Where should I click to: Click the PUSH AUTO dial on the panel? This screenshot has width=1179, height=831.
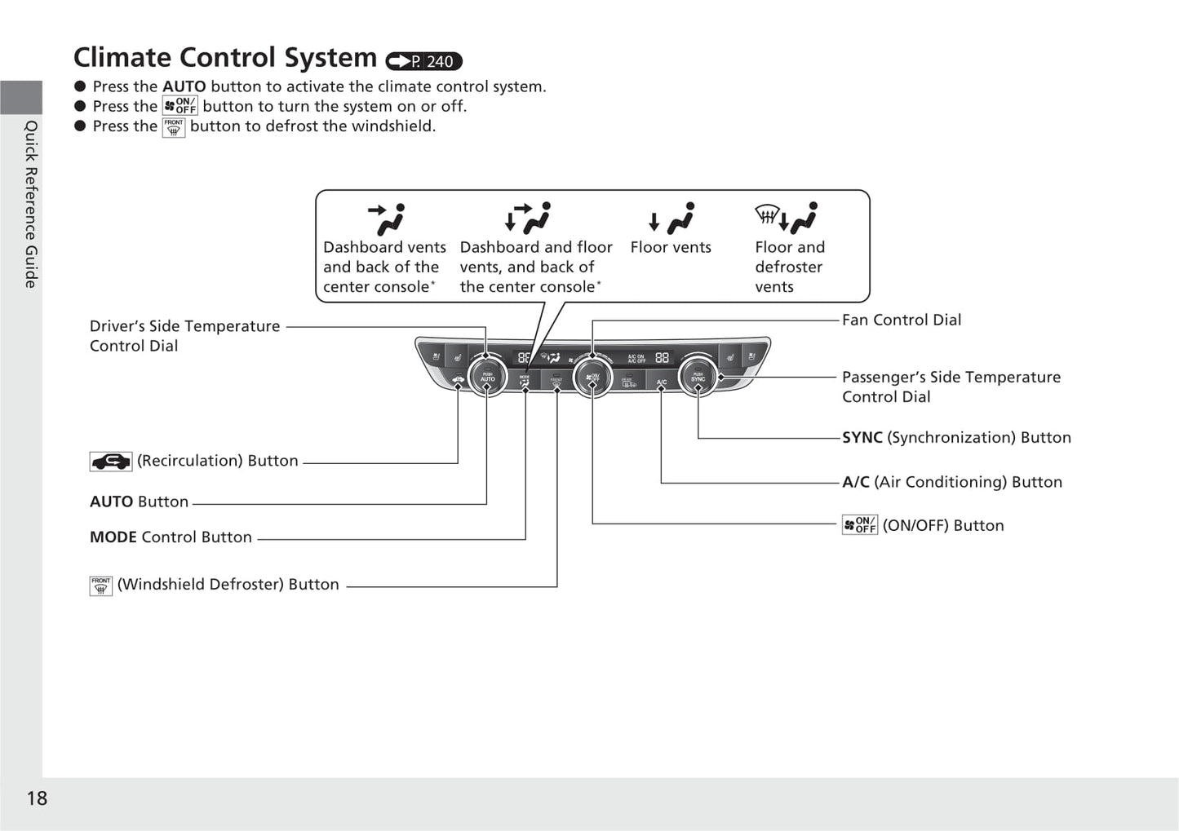487,377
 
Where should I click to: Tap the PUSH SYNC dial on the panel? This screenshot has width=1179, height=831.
698,377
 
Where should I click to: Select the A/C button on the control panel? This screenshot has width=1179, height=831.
662,382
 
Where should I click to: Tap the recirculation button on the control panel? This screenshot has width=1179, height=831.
459,380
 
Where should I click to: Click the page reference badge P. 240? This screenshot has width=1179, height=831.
424,61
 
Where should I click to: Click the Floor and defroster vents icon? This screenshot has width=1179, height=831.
786,218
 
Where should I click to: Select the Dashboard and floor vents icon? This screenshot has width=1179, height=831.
528,218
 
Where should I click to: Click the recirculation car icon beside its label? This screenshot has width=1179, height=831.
110,462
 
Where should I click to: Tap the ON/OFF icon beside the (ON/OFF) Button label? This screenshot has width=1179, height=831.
859,525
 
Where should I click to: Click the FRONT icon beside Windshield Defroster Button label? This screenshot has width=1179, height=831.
100,586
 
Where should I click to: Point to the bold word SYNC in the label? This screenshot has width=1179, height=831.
862,438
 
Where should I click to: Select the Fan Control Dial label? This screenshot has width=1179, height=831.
901,320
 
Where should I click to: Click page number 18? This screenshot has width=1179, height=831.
37,798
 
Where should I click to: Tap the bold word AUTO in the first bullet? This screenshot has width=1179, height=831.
184,86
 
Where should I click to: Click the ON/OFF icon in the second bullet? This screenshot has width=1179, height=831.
180,106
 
